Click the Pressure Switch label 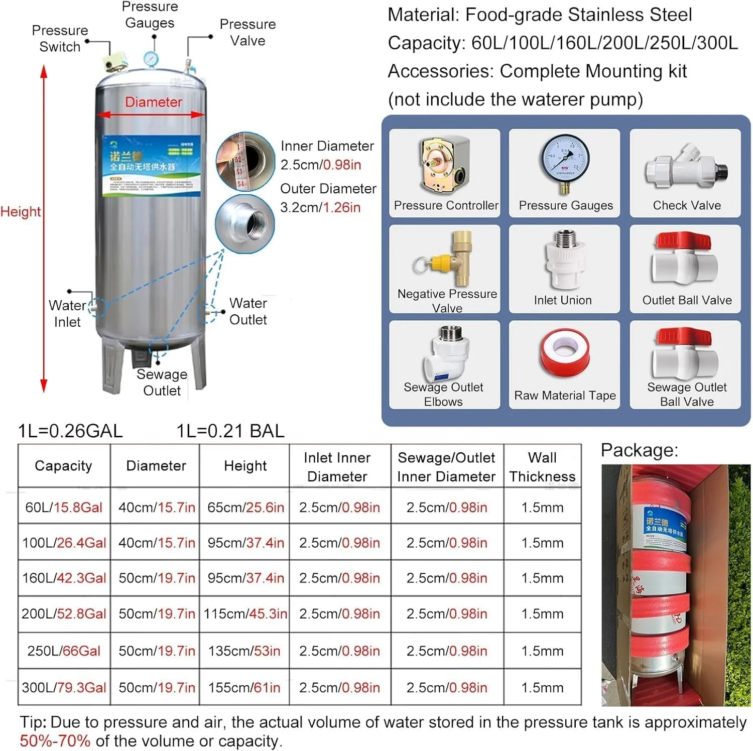(59, 39)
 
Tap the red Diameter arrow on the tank (151, 114)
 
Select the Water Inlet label (67, 313)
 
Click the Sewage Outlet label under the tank (162, 383)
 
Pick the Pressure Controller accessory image (445, 165)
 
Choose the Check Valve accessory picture (686, 166)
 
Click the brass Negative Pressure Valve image (447, 259)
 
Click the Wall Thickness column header (542, 466)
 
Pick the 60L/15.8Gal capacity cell (64, 507)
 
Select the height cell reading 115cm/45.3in (245, 613)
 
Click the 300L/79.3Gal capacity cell (64, 687)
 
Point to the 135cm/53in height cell (244, 651)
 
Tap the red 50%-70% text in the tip (55, 740)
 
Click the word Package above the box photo (639, 450)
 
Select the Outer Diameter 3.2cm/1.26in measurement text (327, 198)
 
